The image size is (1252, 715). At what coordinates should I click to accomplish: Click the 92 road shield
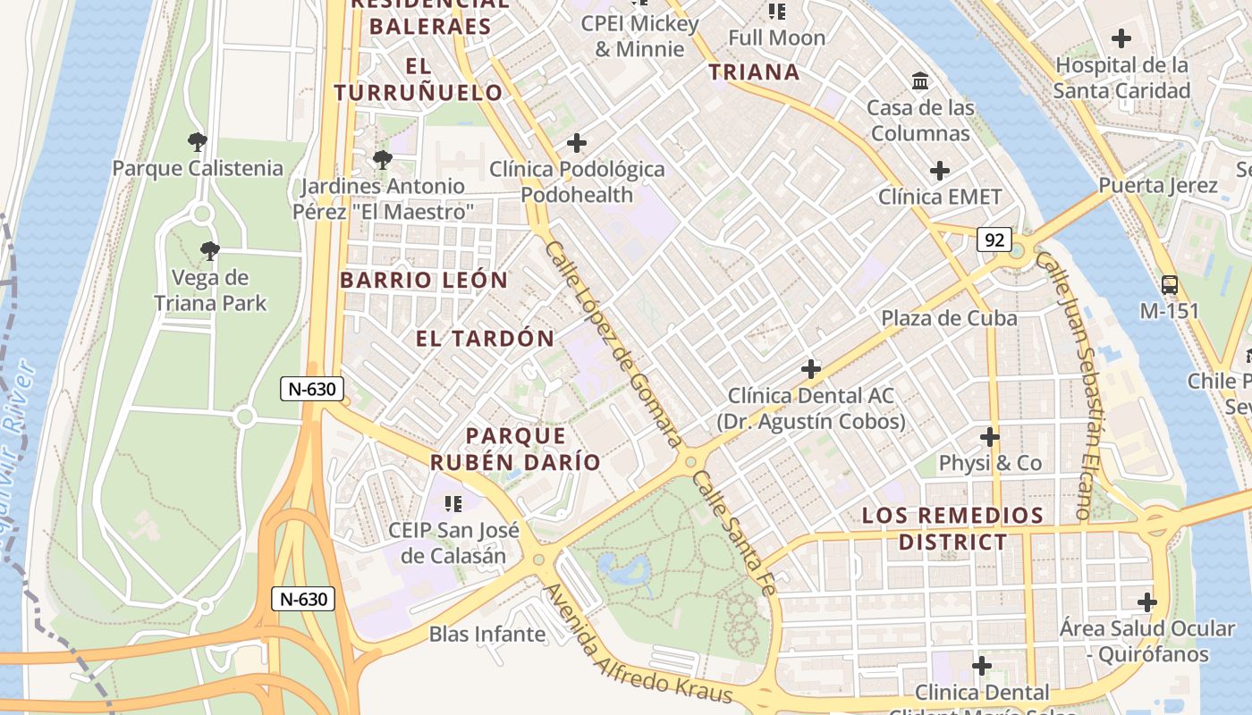coord(994,240)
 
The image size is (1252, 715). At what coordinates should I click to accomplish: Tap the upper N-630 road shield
coord(311,389)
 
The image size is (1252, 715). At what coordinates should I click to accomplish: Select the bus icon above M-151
coord(1169,286)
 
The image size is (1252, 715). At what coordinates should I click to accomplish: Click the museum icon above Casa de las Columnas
coord(919,82)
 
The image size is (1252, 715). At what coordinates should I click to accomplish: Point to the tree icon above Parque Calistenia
coord(197,142)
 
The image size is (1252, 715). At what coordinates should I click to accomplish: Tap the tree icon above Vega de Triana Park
coord(209,251)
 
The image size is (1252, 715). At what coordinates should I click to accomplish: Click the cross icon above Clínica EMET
coord(939,171)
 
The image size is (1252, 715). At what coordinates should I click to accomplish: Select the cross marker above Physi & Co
coord(989,437)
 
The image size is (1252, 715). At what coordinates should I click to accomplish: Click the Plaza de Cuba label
coord(949,318)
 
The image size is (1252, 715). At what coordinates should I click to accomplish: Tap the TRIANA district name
coord(754,72)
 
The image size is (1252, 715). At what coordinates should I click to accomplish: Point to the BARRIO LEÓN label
coord(424,280)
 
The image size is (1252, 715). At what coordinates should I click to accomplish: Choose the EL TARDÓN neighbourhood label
coord(485,339)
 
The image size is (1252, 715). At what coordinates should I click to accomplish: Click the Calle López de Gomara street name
coord(613,344)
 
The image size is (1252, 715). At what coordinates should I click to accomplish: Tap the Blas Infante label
coord(486,635)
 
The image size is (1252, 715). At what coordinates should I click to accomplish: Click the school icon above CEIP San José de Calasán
coord(453,504)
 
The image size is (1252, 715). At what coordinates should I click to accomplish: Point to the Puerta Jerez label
coord(1158,186)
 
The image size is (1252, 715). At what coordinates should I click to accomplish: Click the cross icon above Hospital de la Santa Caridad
coord(1121,38)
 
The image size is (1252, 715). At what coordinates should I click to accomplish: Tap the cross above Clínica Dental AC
coord(810,368)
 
